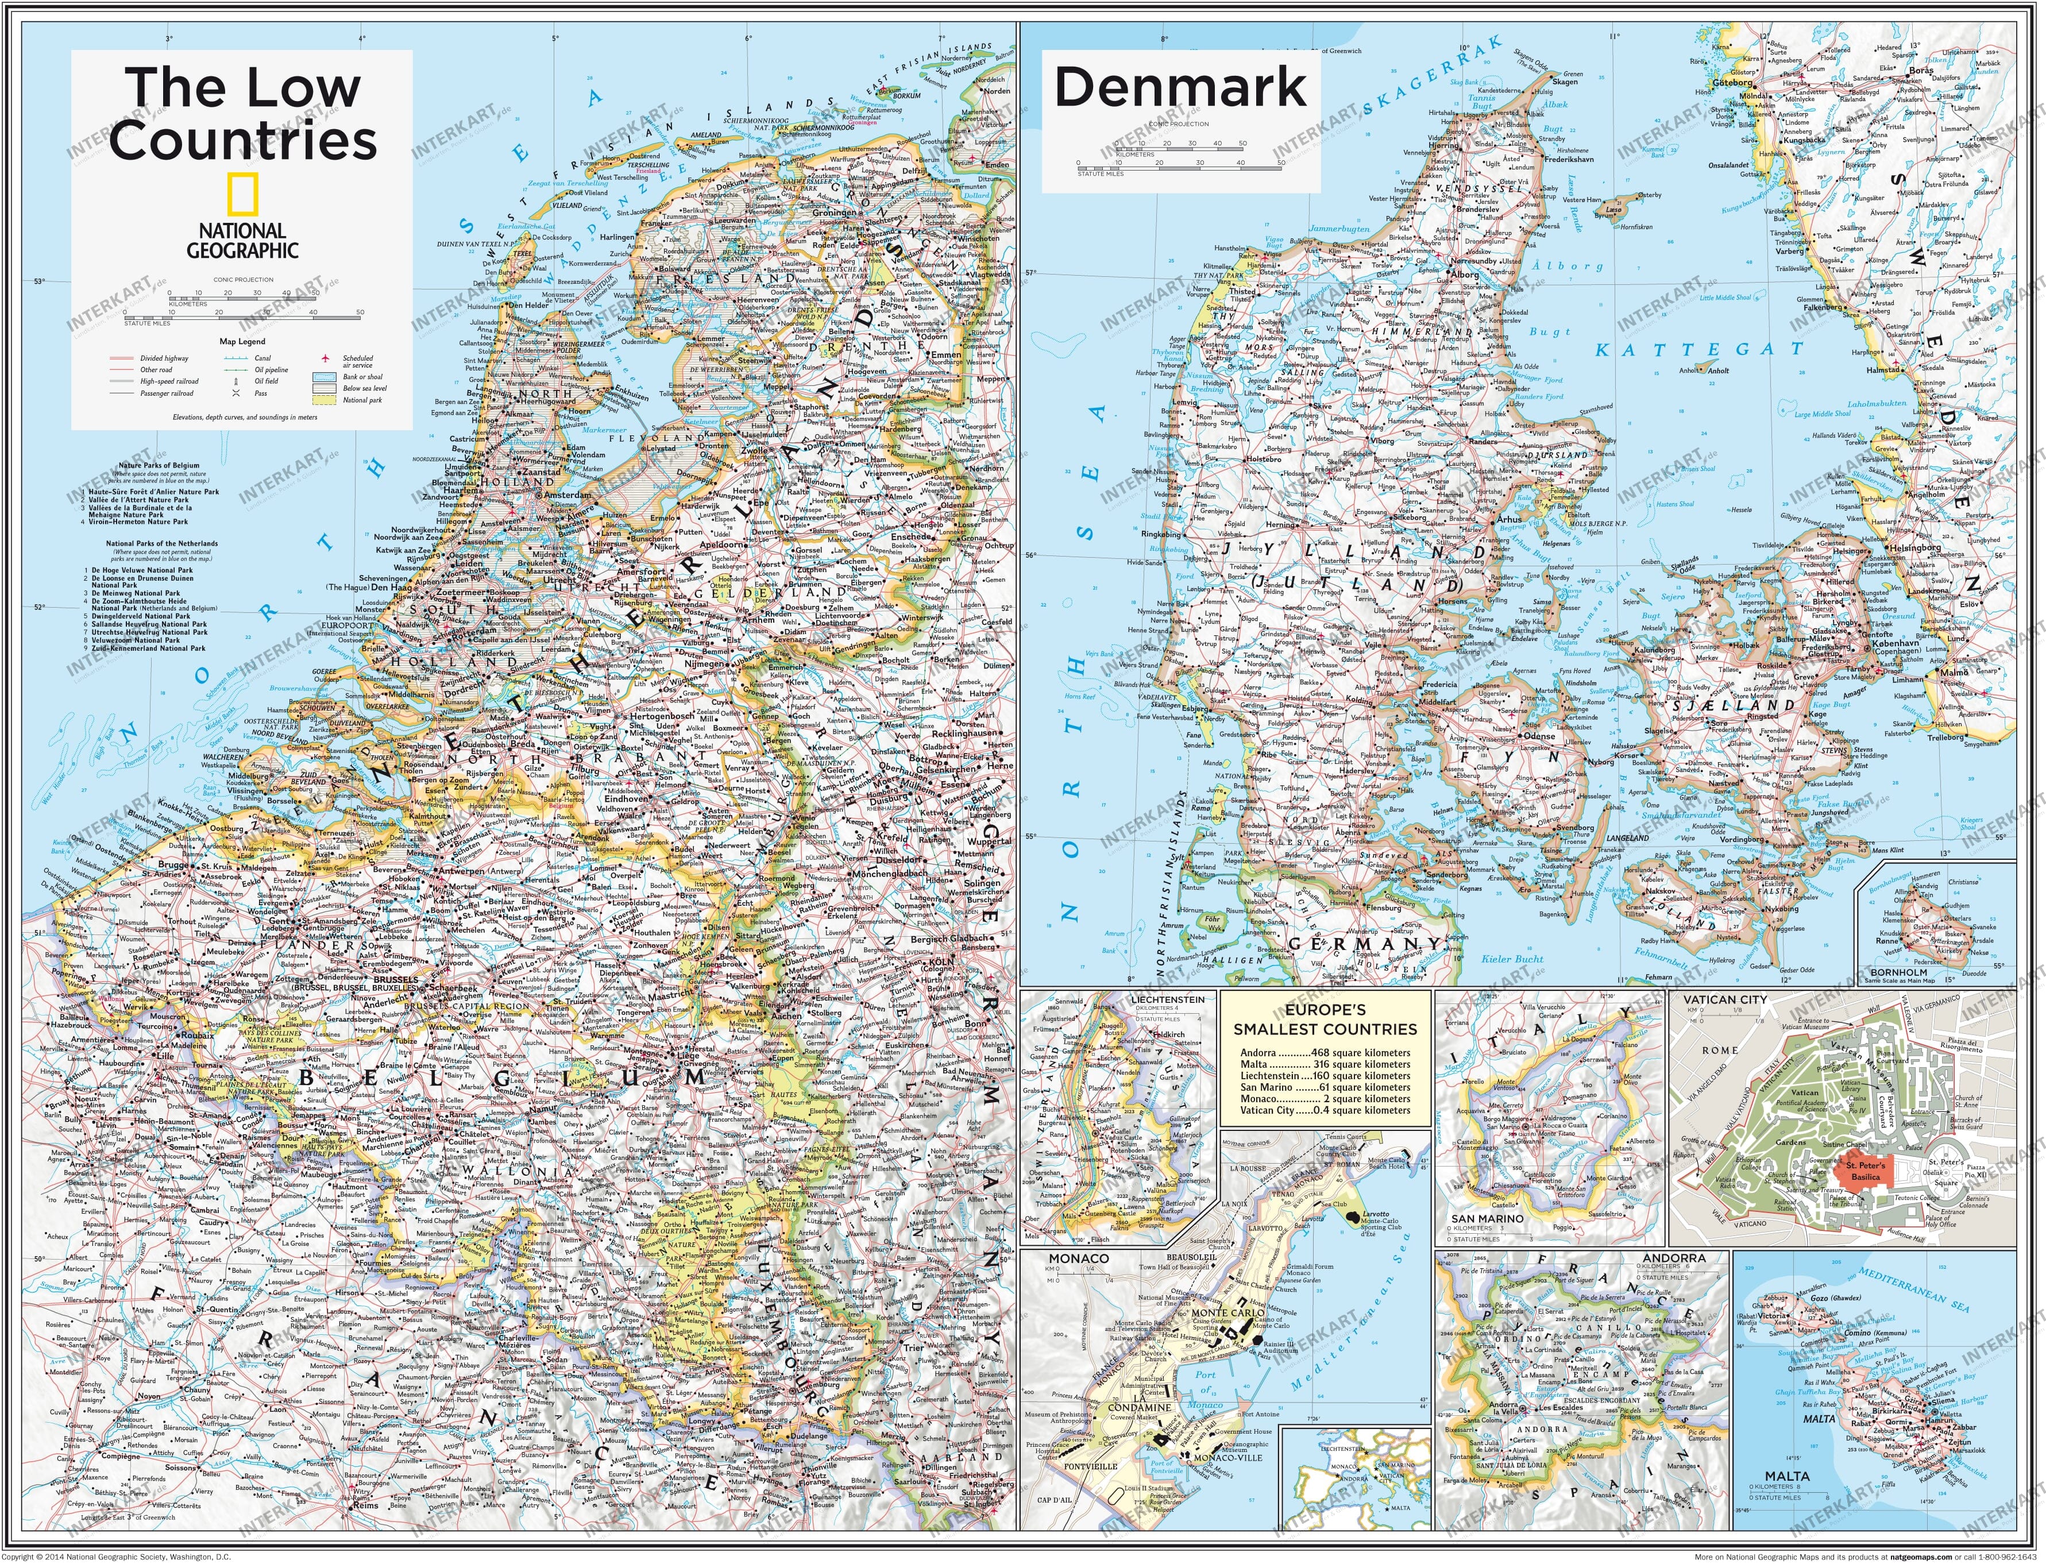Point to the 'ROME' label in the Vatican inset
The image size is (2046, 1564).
[x=1720, y=1050]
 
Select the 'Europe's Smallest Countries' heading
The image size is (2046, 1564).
[x=1325, y=1020]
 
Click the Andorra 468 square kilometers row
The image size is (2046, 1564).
[x=1325, y=1053]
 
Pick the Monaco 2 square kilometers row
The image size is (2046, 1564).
[x=1325, y=1099]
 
